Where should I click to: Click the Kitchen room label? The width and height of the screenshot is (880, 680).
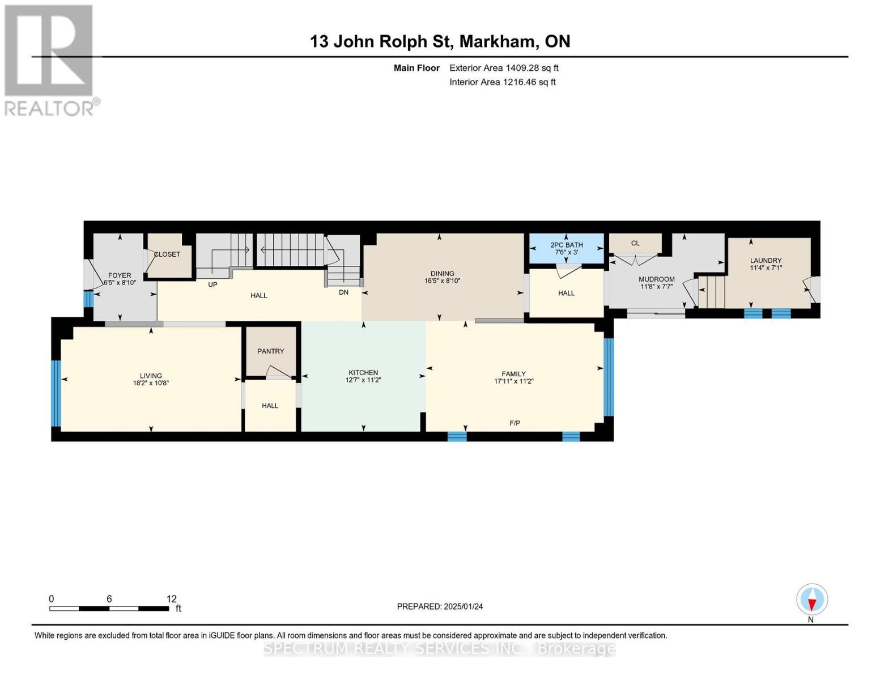point(363,372)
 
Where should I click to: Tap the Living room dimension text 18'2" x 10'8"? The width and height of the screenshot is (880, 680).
point(151,383)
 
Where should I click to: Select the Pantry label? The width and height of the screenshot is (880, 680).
point(270,351)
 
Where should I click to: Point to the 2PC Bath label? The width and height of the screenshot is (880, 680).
point(566,245)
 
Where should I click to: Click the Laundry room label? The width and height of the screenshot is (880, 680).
point(766,261)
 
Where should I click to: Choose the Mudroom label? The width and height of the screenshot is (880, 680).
point(656,279)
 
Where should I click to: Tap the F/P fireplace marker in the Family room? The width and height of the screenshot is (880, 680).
point(515,423)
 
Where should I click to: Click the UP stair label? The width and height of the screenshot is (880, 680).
point(212,284)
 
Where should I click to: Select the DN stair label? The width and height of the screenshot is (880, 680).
point(343,292)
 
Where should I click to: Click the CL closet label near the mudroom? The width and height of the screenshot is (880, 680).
point(635,243)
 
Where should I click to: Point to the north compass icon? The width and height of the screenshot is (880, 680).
point(811,600)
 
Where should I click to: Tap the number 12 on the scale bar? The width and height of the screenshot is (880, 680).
point(172,598)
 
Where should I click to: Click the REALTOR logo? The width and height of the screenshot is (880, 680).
point(50,60)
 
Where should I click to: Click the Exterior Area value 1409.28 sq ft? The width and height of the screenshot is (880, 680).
point(532,68)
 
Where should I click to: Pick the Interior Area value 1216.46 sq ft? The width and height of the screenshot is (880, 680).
point(529,82)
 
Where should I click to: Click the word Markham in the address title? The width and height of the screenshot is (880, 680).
point(497,41)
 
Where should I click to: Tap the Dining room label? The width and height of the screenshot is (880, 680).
point(442,274)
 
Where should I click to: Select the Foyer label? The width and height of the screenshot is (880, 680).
point(120,275)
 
